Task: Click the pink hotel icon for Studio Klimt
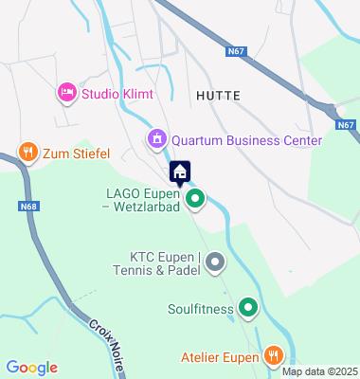pos(66,93)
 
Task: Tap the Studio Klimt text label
pos(117,93)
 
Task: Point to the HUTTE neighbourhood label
pos(219,96)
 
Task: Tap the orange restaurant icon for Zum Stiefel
pos(27,151)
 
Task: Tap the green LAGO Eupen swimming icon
pos(195,199)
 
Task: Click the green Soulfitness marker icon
pos(248,307)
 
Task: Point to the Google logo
pos(31,367)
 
